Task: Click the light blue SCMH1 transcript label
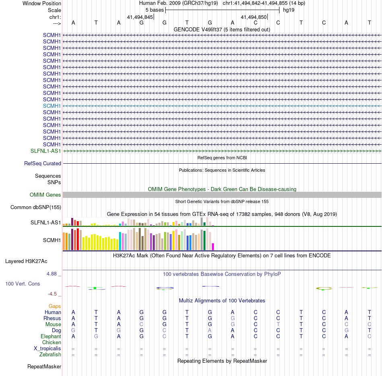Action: coord(52,106)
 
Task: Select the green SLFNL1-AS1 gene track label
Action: coord(46,151)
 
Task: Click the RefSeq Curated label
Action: coord(43,164)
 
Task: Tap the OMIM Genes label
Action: coord(45,195)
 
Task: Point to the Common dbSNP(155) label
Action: coord(36,208)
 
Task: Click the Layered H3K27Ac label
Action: coord(26,261)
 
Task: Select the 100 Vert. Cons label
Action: coord(23,284)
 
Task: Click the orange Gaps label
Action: coord(55,306)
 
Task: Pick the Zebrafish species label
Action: coord(50,355)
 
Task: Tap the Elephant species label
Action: coord(51,337)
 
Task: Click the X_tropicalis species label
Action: coord(47,349)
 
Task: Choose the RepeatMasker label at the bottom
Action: coord(44,367)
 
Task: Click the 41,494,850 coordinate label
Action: coord(254,17)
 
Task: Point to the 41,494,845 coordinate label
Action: coord(140,17)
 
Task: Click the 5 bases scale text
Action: coord(154,10)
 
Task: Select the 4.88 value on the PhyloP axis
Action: coord(52,274)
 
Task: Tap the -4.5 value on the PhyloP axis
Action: coord(52,294)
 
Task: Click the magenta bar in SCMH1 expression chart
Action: coord(213,247)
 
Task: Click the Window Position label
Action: coord(42,3)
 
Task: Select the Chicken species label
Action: coord(51,343)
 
